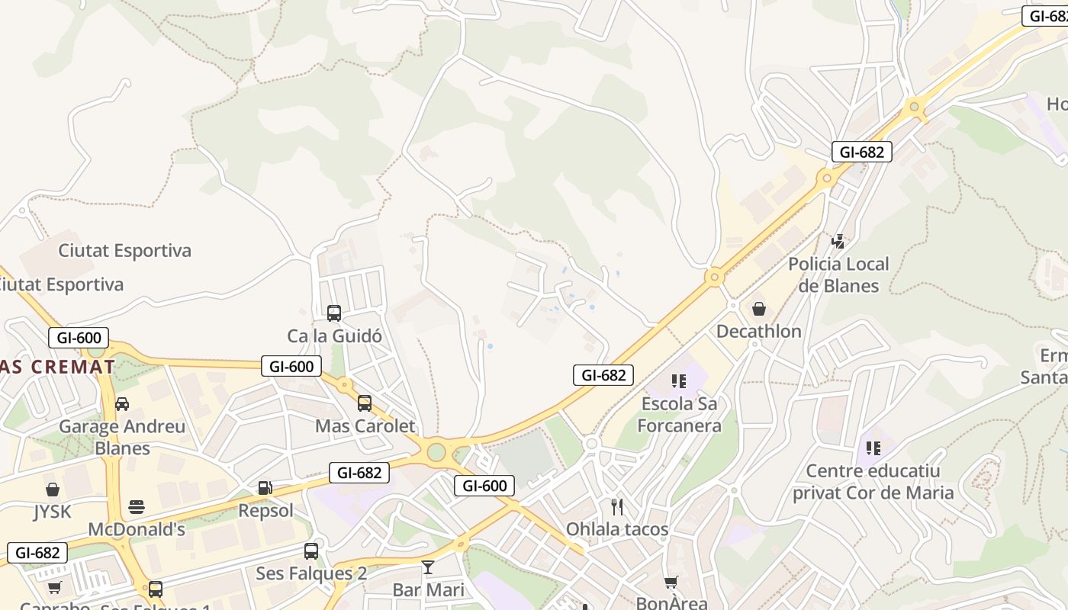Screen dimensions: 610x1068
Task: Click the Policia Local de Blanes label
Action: coord(838,275)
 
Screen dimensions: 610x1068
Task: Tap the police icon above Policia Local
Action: coord(838,242)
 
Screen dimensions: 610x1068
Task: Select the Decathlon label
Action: coord(758,331)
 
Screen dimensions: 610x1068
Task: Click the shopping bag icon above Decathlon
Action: coord(758,308)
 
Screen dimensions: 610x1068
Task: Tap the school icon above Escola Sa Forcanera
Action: coord(678,380)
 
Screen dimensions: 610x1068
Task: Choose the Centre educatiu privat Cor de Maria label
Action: coord(873,482)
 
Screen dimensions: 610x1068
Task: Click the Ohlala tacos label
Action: coord(616,529)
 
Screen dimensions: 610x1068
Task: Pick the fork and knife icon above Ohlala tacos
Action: coord(616,506)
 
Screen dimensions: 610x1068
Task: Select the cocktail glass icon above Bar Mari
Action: coord(428,567)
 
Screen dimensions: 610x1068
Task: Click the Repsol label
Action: coord(265,510)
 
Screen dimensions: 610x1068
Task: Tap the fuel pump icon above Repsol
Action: coord(265,487)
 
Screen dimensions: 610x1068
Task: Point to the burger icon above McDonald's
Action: coord(137,507)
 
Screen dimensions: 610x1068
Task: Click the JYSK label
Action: coord(53,511)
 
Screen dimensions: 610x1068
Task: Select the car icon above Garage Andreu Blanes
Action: coord(122,403)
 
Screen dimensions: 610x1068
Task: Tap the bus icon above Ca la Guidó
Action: coord(333,313)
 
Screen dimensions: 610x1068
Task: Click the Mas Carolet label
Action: coord(365,425)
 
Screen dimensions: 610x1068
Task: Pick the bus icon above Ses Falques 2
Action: coord(310,551)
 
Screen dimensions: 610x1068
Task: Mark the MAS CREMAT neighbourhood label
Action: coord(57,367)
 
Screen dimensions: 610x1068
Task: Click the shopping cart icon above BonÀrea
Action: coord(671,583)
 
